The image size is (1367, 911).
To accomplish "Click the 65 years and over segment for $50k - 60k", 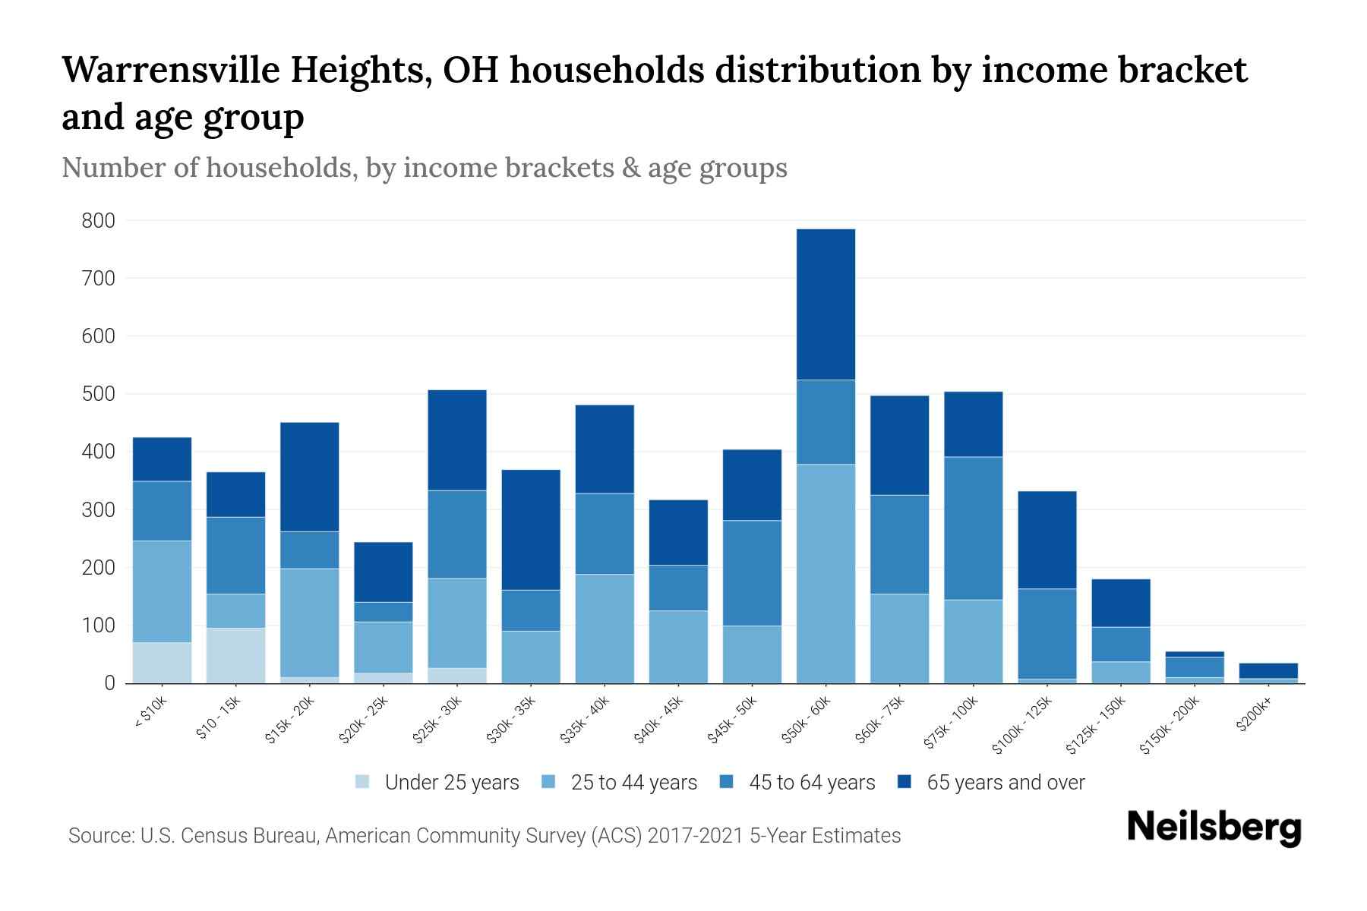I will click(826, 304).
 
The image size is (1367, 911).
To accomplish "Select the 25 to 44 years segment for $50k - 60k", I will click(826, 573).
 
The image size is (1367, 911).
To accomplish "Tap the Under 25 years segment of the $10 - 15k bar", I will click(235, 655).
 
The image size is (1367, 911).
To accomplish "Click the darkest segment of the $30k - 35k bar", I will click(531, 529).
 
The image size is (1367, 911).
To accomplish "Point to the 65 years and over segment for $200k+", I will click(1268, 670).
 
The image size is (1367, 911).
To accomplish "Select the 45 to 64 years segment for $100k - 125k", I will click(1047, 633).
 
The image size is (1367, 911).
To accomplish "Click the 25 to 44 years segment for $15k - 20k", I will click(309, 622).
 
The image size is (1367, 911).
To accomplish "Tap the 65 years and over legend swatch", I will click(905, 782).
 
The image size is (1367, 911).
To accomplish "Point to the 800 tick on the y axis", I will click(99, 221).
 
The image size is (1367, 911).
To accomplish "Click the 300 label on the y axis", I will click(99, 510).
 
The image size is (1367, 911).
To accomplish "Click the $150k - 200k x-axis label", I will click(1170, 725).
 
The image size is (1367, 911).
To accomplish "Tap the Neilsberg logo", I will click(1214, 827).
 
